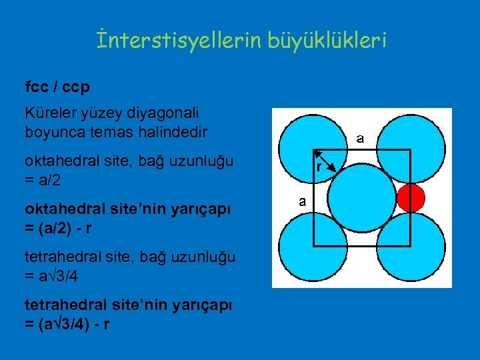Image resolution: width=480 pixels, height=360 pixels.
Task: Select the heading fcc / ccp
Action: [x=57, y=87]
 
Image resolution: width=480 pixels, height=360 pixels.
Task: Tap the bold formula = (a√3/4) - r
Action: [x=67, y=324]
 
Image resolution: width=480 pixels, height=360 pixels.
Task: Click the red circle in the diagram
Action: [x=411, y=198]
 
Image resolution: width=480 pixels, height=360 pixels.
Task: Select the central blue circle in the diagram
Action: [x=361, y=198]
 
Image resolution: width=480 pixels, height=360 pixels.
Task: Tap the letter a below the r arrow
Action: [x=302, y=201]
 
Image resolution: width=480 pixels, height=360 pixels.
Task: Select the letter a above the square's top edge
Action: [x=359, y=139]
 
